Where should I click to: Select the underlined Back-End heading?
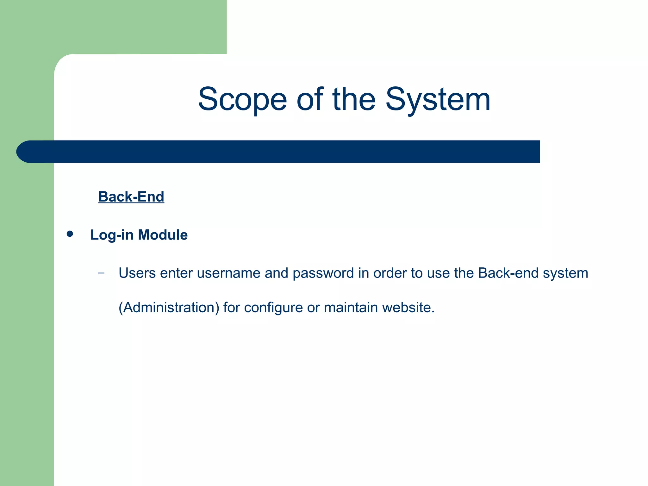click(131, 197)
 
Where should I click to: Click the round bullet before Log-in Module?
click(70, 234)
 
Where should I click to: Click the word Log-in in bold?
click(112, 235)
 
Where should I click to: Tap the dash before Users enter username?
click(101, 273)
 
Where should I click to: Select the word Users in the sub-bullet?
click(137, 273)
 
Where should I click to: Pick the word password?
click(323, 273)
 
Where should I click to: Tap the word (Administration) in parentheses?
click(169, 308)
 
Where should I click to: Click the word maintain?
click(351, 308)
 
